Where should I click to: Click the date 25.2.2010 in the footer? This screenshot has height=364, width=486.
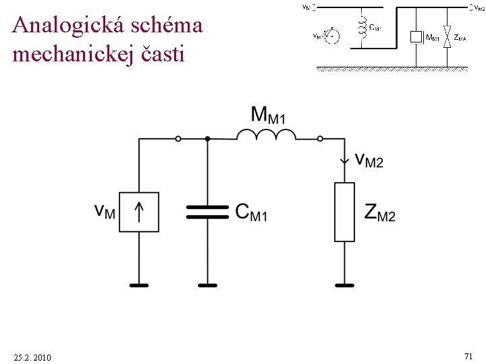coord(32,356)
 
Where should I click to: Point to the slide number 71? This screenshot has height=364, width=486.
coord(468,355)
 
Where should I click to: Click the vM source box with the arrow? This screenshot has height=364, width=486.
coord(139,212)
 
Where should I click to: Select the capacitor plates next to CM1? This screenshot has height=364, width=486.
coord(207,212)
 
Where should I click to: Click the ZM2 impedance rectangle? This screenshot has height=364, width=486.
coord(344,212)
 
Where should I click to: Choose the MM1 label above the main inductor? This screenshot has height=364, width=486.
coord(268,115)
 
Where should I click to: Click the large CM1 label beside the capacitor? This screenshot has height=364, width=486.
coord(251,212)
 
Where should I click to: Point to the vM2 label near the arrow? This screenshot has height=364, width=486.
coord(369,160)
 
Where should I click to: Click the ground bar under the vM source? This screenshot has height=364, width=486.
coord(139,285)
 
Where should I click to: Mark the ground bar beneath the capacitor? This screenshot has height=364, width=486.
coord(207,285)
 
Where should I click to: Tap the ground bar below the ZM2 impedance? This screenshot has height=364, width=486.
coord(344,285)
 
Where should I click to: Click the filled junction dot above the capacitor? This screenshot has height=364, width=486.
coord(207,139)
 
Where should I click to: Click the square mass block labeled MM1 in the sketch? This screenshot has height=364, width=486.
coord(416,37)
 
